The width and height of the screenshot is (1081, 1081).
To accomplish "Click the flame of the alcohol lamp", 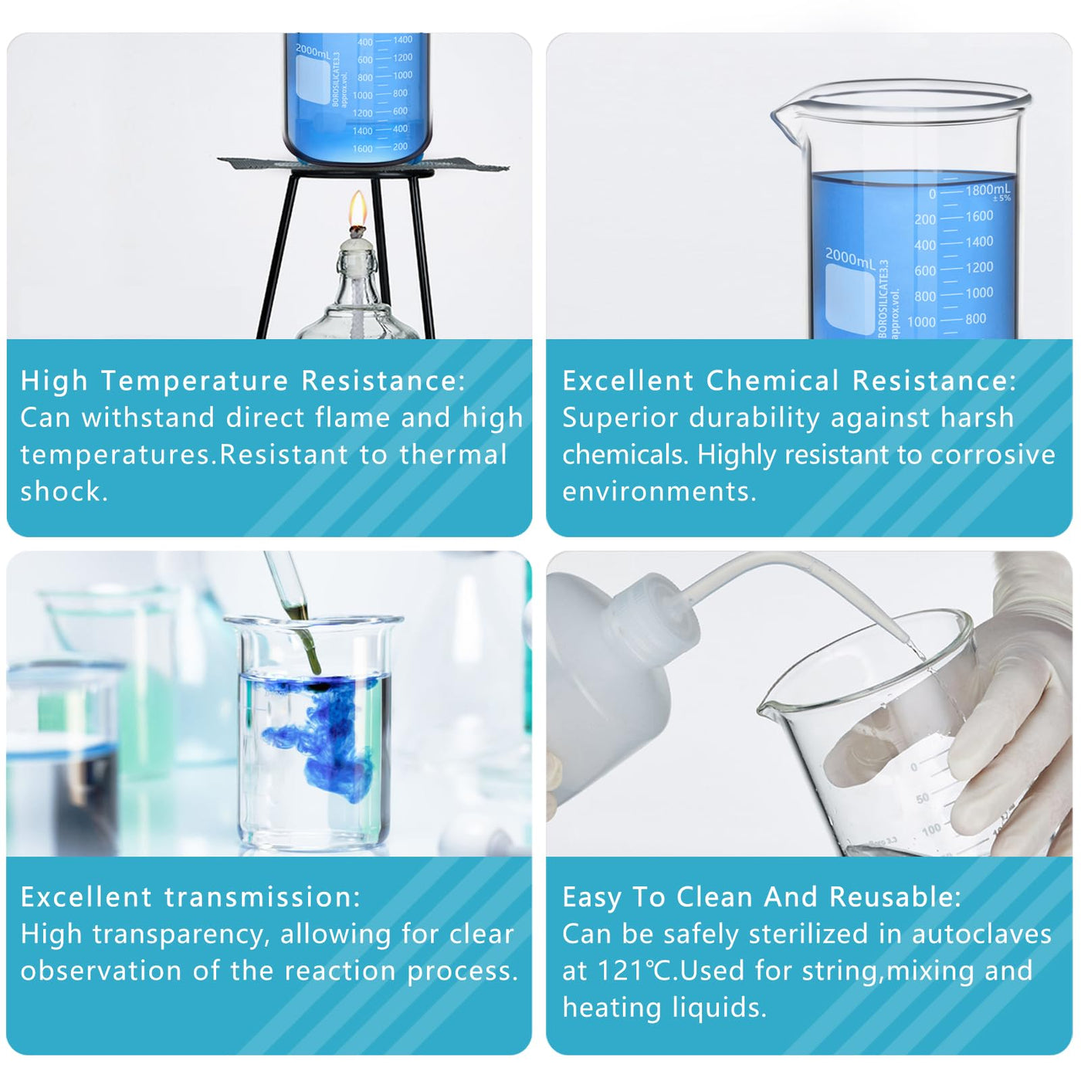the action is point(358,208).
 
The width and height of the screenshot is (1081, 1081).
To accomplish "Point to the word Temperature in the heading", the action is point(195,381).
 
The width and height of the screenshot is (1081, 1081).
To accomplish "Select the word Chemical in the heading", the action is point(772,381).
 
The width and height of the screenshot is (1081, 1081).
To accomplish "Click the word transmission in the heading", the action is point(263,896).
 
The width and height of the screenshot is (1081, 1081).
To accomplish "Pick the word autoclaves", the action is point(981,934).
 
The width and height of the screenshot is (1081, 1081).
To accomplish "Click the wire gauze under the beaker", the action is point(364,165).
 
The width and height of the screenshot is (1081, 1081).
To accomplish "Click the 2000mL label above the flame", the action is point(313,53).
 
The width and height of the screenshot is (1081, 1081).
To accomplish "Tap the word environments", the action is point(659,491).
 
